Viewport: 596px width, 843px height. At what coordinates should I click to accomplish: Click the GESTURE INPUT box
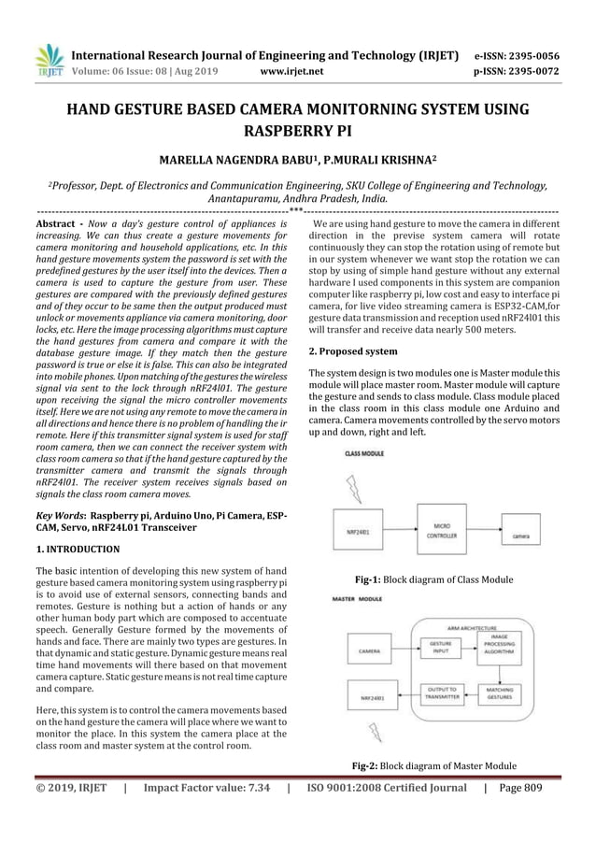click(x=440, y=648)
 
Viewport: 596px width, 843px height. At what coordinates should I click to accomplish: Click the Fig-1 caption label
click(x=389, y=579)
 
